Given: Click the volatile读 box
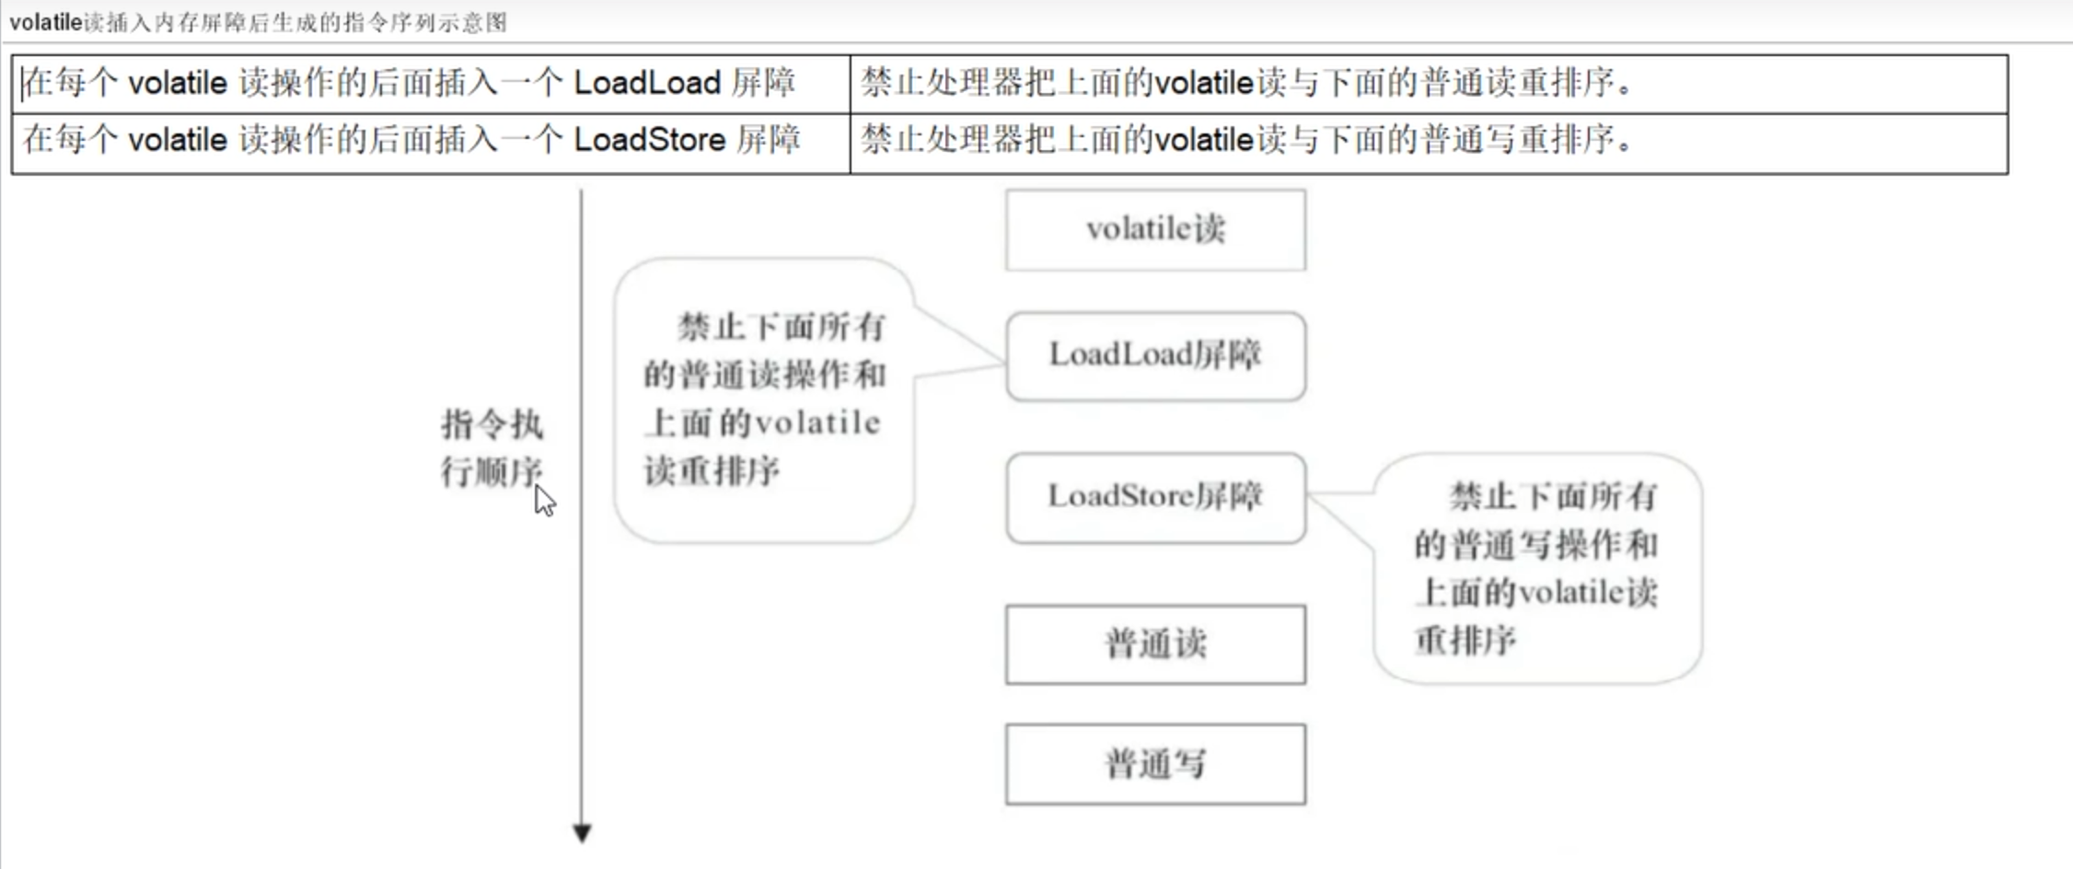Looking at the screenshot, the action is click(1155, 229).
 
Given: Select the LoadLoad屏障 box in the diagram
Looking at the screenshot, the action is click(1155, 355).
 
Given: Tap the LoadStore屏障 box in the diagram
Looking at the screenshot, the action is click(1155, 497).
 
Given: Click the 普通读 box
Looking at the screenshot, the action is click(1155, 644).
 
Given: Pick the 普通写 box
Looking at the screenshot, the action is click(1155, 764).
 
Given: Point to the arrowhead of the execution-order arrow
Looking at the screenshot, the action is click(582, 833).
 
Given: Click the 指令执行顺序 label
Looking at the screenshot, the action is click(491, 448).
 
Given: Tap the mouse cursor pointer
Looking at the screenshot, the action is click(544, 501).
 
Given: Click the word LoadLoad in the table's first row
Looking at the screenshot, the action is click(647, 84).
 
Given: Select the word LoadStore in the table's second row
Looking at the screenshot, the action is click(650, 140).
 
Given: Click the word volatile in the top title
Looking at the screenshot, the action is click(46, 22).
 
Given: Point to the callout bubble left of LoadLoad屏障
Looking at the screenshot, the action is click(764, 400).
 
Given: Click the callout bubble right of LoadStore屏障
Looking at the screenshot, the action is click(1537, 568).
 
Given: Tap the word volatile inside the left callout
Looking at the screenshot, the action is click(816, 423).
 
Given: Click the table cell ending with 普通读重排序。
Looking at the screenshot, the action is click(1427, 84).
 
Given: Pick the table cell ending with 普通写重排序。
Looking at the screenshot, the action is click(1427, 141).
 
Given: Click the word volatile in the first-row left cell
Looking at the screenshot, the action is click(178, 84).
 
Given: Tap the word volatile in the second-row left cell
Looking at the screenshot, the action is click(178, 140).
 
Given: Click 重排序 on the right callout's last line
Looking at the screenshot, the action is click(1465, 641).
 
